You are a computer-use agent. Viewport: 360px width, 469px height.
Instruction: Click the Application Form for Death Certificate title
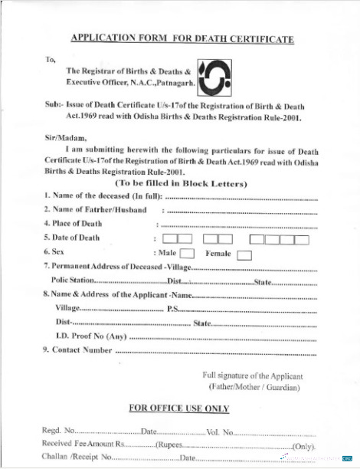[182, 38]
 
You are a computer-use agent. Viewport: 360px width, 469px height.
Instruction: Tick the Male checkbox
[186, 254]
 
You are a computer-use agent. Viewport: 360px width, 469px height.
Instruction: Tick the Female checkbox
[244, 254]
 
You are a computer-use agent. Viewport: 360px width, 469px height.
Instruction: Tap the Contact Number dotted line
[214, 352]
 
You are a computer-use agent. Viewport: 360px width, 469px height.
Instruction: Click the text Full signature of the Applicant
[253, 376]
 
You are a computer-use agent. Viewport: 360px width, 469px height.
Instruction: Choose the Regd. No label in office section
[58, 432]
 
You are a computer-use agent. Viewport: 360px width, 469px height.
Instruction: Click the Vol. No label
[220, 432]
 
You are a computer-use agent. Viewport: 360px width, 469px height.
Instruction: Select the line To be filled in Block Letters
[181, 184]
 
